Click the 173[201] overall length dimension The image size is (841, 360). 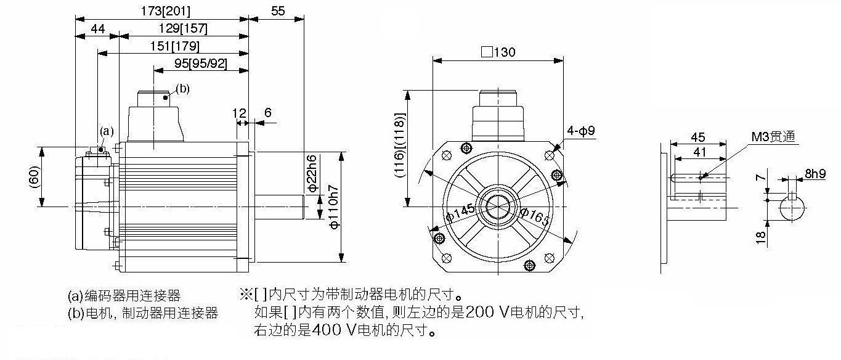166,11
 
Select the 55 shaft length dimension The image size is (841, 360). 278,11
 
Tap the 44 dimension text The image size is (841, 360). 97,28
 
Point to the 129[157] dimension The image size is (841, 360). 183,28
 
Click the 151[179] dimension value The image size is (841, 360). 174,46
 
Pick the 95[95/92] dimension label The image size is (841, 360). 201,63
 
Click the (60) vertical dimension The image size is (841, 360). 34,177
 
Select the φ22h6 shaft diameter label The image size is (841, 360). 312,173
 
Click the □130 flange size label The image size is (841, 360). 498,52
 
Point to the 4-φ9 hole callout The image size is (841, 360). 581,131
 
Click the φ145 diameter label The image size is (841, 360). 460,213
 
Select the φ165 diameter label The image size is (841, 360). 534,217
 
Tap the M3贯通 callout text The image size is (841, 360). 773,136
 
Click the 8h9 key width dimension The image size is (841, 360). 816,174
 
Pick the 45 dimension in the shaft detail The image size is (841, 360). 698,137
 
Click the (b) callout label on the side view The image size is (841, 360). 183,89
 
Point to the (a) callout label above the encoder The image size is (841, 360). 107,131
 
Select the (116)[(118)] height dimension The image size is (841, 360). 400,145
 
